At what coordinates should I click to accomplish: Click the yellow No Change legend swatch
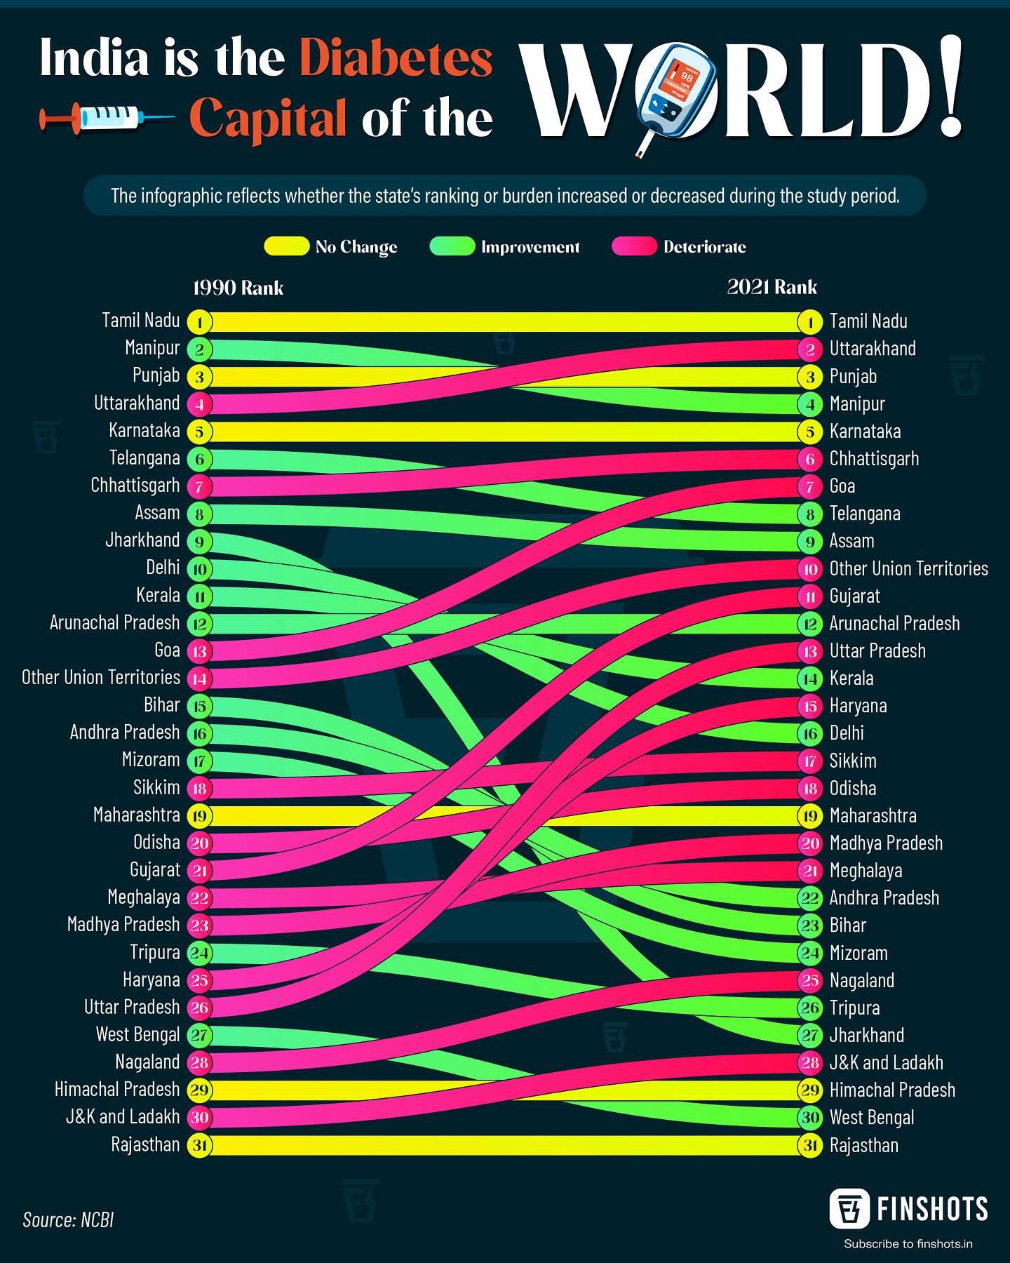pos(286,246)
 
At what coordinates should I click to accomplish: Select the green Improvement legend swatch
pos(452,246)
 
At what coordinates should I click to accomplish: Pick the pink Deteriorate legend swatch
pos(634,246)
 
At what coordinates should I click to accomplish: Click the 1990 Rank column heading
pos(238,288)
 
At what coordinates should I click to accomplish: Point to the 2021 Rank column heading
pos(772,287)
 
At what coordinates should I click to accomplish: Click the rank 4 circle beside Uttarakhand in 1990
pos(200,404)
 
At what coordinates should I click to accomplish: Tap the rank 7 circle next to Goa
pos(810,486)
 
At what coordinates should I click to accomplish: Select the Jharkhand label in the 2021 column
pos(867,1035)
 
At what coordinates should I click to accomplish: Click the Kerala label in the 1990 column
pos(159,595)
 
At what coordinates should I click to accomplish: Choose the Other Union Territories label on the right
pos(909,568)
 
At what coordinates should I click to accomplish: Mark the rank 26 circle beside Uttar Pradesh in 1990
pos(200,1008)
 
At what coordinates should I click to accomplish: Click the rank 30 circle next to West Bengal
pos(810,1118)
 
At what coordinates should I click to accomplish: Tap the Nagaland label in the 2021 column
pos(862,980)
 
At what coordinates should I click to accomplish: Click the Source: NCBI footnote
pos(68,1219)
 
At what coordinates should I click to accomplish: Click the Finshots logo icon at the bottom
pos(850,1209)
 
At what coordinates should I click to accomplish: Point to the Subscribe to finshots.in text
pos(908,1244)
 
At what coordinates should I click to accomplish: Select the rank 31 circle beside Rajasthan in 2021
pos(810,1146)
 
